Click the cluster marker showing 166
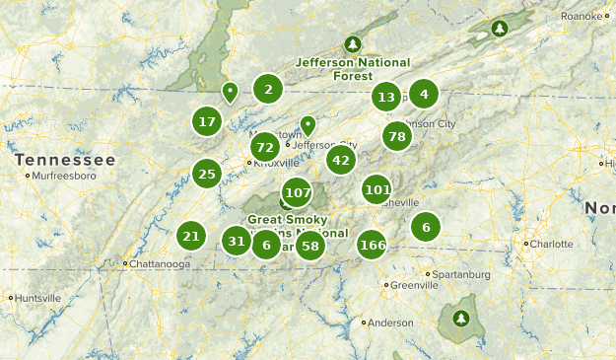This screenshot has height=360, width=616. pyautogui.click(x=373, y=245)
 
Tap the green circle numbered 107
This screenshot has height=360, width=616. pyautogui.click(x=297, y=192)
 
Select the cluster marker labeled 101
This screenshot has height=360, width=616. pyautogui.click(x=376, y=189)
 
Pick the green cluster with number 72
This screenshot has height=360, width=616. pyautogui.click(x=263, y=148)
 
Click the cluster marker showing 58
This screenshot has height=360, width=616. pyautogui.click(x=310, y=245)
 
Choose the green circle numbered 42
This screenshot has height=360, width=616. pyautogui.click(x=341, y=160)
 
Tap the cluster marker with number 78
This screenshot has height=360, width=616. pyautogui.click(x=396, y=137)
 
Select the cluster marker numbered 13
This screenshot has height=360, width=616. pyautogui.click(x=386, y=97)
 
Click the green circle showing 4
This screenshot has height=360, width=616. pyautogui.click(x=424, y=95)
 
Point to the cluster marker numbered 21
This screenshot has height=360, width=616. pyautogui.click(x=191, y=236)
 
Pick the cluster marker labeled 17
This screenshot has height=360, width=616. pyautogui.click(x=206, y=122)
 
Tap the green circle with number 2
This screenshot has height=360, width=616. pyautogui.click(x=267, y=90)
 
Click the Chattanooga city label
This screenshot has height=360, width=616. pyautogui.click(x=160, y=264)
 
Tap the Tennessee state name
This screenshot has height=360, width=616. pyautogui.click(x=65, y=160)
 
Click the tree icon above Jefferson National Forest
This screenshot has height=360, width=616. pyautogui.click(x=353, y=43)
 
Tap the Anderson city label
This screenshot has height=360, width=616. pyautogui.click(x=390, y=323)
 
